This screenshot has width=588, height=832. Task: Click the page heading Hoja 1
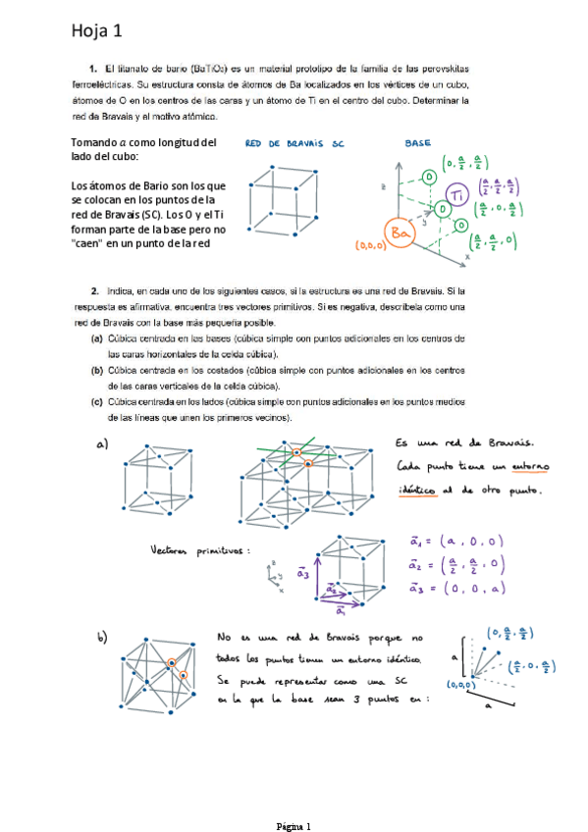(x=95, y=31)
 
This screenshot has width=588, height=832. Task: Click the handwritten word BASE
(x=417, y=143)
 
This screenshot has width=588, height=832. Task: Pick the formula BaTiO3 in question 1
(x=210, y=71)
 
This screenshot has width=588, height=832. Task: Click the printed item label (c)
(x=97, y=402)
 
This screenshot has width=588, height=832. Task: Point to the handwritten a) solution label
(x=102, y=444)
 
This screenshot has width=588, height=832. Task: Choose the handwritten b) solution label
(x=102, y=639)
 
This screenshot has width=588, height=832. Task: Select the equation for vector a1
(x=457, y=540)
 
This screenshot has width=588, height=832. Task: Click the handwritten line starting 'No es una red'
(x=318, y=639)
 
